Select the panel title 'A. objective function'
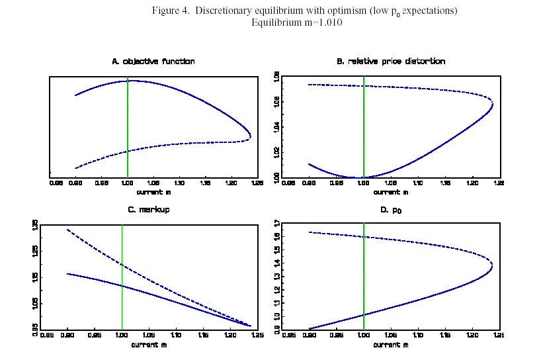click(x=153, y=62)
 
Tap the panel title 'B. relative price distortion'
click(x=390, y=62)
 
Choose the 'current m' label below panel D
click(x=390, y=345)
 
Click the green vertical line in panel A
click(x=128, y=126)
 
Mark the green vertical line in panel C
click(x=122, y=278)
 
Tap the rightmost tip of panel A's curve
click(x=251, y=136)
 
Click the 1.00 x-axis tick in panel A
click(x=128, y=183)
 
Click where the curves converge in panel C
click(x=250, y=326)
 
